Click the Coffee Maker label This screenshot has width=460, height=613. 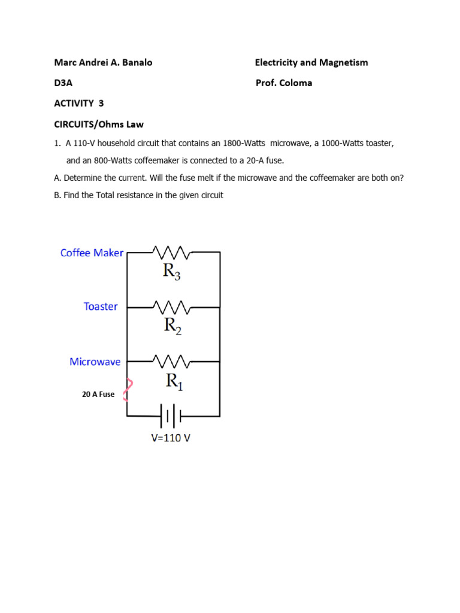[92, 253]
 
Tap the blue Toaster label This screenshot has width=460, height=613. [101, 306]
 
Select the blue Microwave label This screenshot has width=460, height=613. [95, 362]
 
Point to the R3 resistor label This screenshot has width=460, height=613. [171, 272]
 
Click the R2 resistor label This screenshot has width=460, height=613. [172, 326]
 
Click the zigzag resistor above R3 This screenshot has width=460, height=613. [172, 252]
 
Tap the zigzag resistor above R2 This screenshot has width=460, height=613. [172, 307]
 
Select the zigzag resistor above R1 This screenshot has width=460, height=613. [172, 362]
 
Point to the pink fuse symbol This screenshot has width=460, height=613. [128, 390]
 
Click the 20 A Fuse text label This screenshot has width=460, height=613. [98, 394]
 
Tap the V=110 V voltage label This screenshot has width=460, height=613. [171, 438]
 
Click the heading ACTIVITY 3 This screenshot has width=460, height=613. [79, 103]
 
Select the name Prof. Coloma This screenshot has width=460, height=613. [283, 83]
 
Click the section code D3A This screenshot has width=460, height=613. [63, 83]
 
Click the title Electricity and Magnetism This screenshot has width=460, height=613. [311, 62]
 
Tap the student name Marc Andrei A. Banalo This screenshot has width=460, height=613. [103, 62]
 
